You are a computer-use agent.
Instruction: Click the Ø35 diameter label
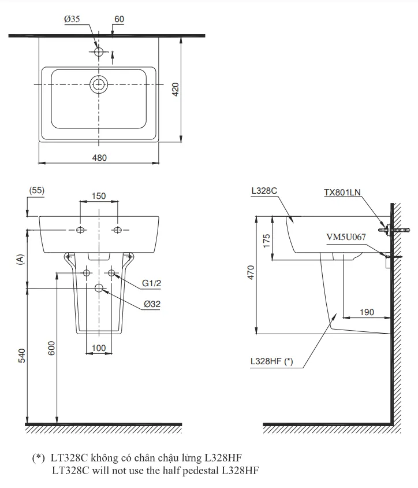pos(72,19)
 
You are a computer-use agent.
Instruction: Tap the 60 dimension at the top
pos(119,19)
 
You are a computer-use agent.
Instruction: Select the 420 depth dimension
pos(176,89)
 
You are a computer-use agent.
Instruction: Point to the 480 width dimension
pos(100,157)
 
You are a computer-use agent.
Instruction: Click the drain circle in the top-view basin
pos(99,85)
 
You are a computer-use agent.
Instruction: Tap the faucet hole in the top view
pos(99,53)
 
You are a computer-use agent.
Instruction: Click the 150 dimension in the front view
pos(99,196)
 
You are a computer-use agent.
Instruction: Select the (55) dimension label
pos(36,190)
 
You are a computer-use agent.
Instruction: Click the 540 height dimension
pos(21,354)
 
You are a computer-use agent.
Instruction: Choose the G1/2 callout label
pos(152,283)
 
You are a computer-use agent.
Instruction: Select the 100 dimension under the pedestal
pos(99,347)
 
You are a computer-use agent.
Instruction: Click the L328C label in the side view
pos(264,190)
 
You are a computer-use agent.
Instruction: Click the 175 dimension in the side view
pos(267,239)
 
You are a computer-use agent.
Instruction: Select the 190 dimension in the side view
pos(366,312)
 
